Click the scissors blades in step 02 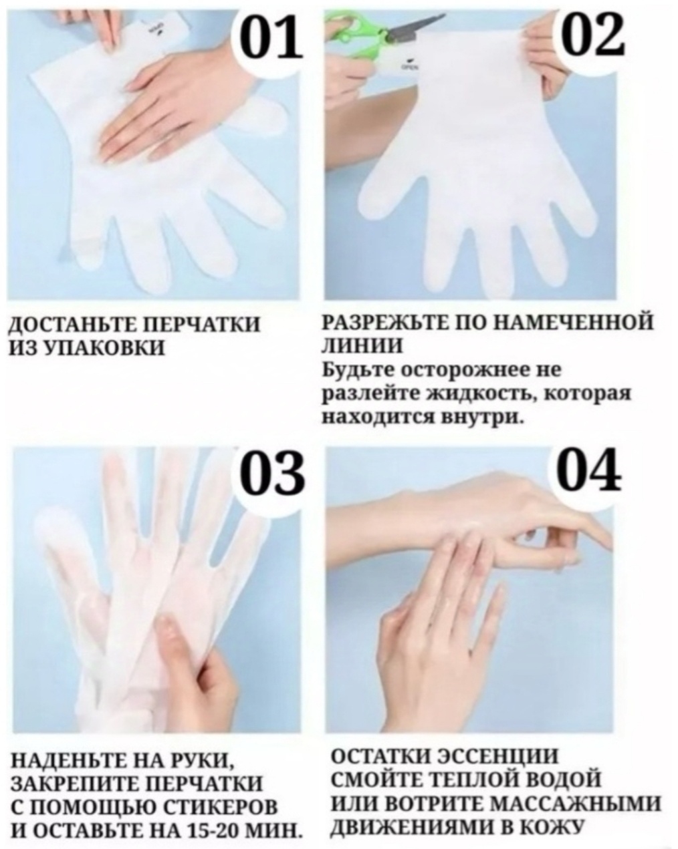[415, 27]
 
